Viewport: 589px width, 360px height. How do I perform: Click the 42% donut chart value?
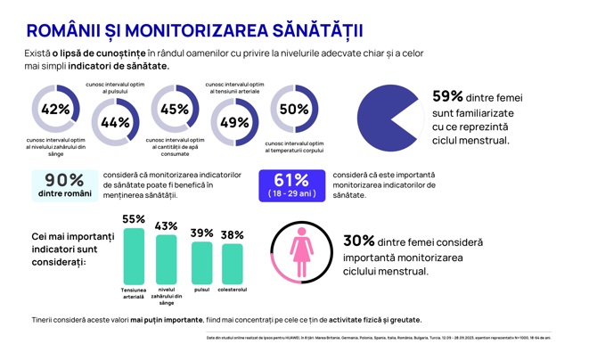(x=55, y=110)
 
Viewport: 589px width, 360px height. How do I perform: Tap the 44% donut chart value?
(x=115, y=123)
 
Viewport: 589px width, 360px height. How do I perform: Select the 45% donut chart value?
(x=175, y=110)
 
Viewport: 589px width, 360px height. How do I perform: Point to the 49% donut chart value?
(x=233, y=123)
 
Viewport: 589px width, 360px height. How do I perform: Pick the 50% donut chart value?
(x=293, y=110)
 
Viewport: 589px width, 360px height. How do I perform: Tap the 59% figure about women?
(x=448, y=96)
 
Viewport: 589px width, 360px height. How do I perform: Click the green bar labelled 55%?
(x=134, y=256)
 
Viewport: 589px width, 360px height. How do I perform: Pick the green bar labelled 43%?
(x=167, y=260)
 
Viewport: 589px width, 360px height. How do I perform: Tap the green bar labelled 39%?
(x=201, y=263)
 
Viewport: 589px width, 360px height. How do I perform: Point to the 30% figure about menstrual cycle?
(x=358, y=241)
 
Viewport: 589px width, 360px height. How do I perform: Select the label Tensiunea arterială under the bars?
(x=134, y=293)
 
